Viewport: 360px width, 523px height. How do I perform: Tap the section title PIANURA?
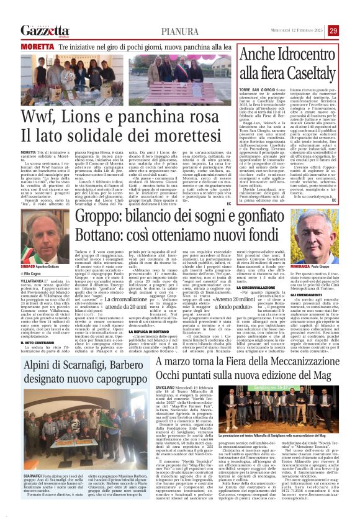click(x=180, y=31)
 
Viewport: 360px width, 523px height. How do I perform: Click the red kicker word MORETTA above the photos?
click(x=33, y=47)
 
